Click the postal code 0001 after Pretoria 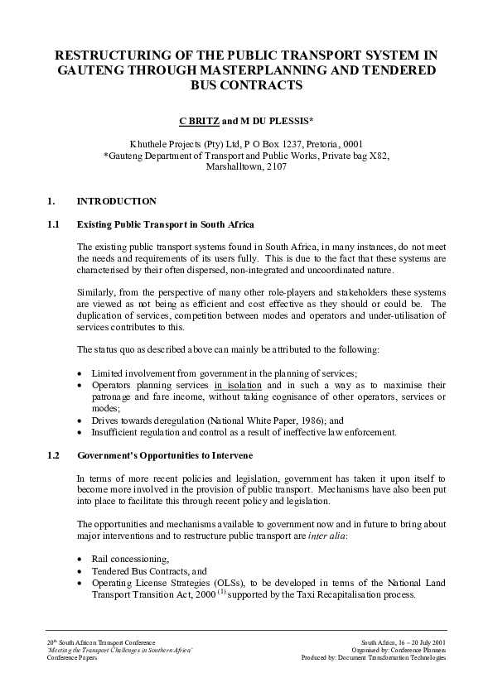click(x=350, y=142)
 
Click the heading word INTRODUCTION click(x=116, y=201)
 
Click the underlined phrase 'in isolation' click(x=238, y=386)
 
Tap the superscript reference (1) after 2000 click(x=220, y=591)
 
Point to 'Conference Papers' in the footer click(x=67, y=658)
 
